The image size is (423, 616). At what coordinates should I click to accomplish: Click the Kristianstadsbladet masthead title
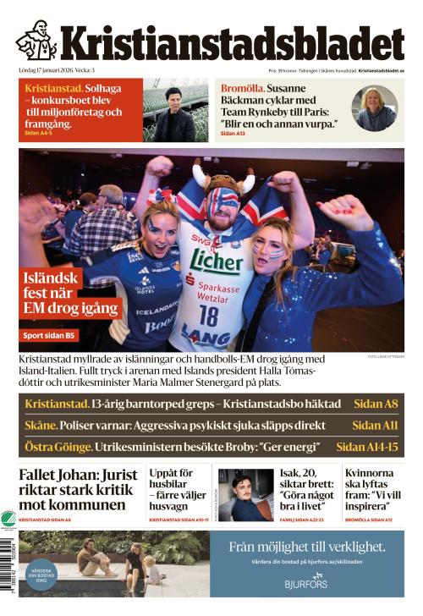coord(231,44)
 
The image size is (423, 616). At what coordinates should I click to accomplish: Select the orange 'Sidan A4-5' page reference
coord(38,134)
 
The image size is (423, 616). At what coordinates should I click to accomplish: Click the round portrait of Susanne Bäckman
coord(375,107)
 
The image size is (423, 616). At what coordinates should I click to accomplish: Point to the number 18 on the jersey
coord(206,315)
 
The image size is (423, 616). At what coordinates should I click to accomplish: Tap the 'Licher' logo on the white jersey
coord(217,259)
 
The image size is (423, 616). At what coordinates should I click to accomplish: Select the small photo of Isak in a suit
coord(245,494)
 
